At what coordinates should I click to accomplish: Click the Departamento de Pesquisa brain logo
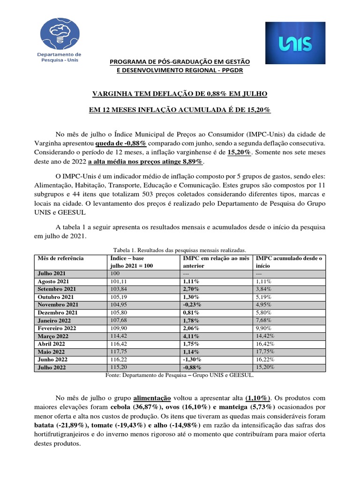click(59, 36)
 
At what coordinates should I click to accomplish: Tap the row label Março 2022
click(53, 336)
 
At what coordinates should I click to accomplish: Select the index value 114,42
click(118, 336)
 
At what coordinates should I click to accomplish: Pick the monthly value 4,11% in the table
click(191, 336)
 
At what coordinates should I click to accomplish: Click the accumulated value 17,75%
click(265, 352)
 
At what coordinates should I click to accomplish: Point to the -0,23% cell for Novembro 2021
click(193, 305)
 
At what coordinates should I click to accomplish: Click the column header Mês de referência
click(60, 258)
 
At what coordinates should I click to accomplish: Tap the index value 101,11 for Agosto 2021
click(118, 281)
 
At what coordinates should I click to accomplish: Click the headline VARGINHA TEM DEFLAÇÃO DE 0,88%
click(180, 94)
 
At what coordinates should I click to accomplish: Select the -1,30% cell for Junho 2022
click(192, 360)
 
